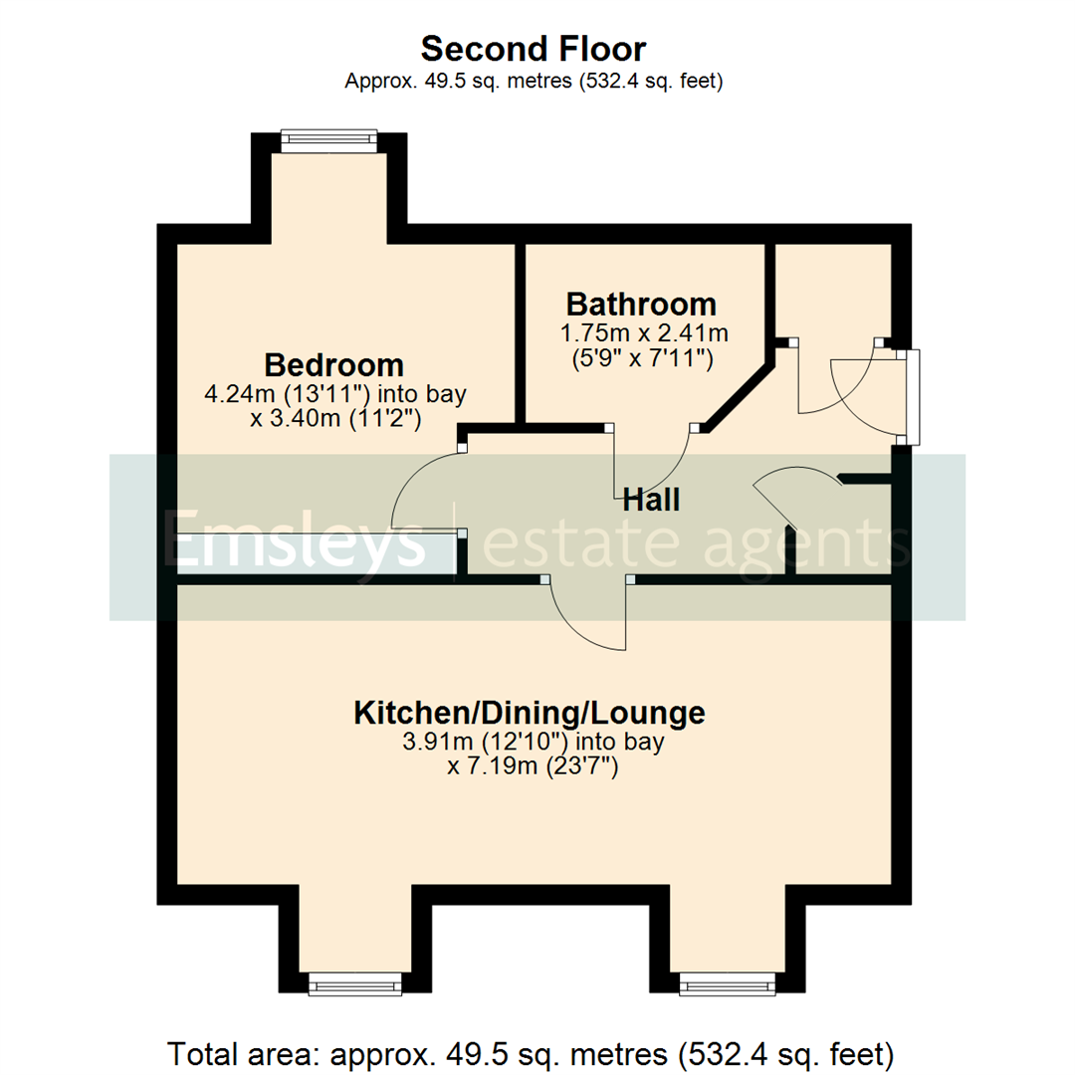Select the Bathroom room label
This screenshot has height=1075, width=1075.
[640, 304]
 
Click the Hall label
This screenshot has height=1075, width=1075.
[651, 500]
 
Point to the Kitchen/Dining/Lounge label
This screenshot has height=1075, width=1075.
[530, 713]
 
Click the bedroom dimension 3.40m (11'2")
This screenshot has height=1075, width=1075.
[336, 419]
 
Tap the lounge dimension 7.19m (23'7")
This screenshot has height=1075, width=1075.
[530, 767]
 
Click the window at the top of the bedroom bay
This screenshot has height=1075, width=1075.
[328, 140]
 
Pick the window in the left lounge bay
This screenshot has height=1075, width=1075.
[355, 985]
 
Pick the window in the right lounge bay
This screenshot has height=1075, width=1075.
[727, 985]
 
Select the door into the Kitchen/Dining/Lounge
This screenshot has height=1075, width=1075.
[587, 617]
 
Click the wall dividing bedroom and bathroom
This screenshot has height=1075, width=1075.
[520, 333]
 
